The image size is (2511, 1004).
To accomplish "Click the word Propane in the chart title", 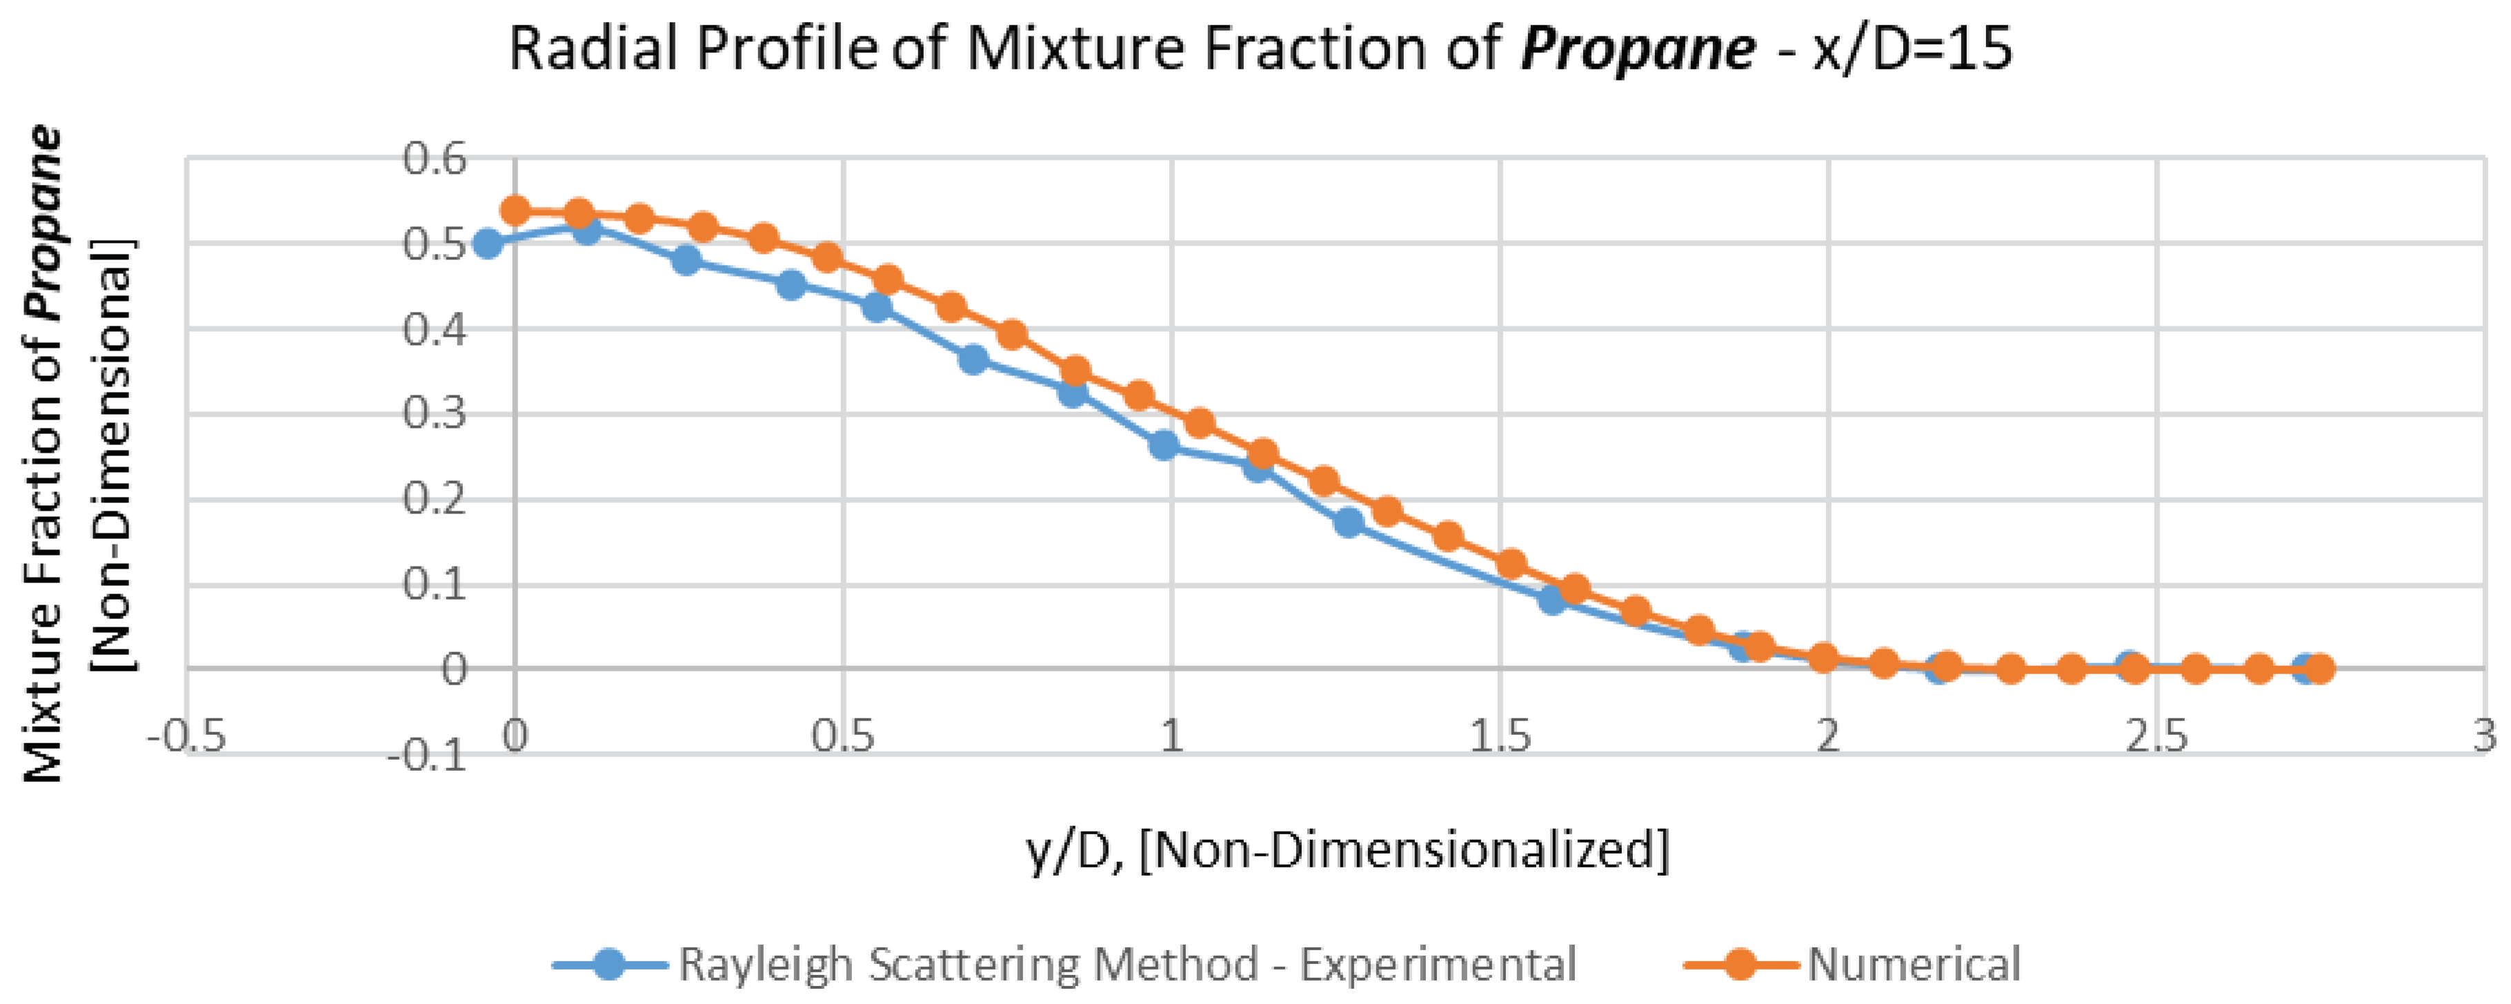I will tap(1638, 49).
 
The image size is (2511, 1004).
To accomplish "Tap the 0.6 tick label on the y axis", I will tap(435, 159).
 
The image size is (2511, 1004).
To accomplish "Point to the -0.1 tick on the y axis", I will tap(426, 756).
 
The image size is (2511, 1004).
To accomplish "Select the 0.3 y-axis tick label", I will tap(435, 414).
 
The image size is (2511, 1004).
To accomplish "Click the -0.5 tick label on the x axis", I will tap(187, 736).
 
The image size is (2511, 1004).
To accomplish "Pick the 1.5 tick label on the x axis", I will tap(1500, 736).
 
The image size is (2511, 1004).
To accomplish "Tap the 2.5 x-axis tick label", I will tap(2157, 736).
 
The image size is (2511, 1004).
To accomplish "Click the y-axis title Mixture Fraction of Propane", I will tap(44, 453).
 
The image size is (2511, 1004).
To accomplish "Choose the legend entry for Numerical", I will tap(1914, 964).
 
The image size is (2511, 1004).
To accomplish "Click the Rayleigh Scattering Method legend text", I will tap(1127, 964).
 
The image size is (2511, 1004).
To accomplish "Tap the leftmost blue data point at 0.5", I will tap(488, 244).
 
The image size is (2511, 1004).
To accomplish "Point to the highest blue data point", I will tap(586, 229).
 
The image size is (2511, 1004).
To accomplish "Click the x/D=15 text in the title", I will tap(1912, 49).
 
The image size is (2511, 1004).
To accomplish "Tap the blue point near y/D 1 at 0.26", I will tap(1163, 446).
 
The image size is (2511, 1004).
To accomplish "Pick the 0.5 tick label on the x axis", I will tap(844, 736).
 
